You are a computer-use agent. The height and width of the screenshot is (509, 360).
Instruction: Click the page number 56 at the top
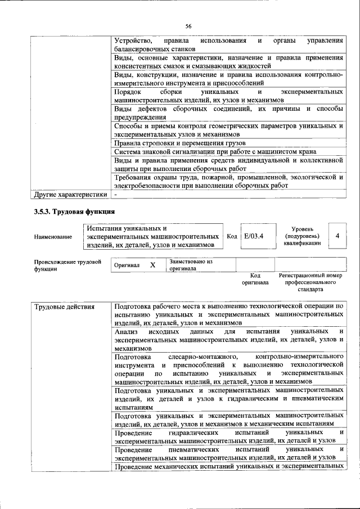pyautogui.click(x=188, y=26)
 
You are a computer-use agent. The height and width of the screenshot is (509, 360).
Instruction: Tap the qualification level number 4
pyautogui.click(x=337, y=236)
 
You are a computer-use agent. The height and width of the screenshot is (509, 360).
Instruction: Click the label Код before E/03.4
pyautogui.click(x=231, y=236)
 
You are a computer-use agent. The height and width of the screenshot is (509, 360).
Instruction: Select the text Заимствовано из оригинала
pyautogui.click(x=191, y=265)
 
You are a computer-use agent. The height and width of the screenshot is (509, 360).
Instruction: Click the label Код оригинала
pyautogui.click(x=255, y=279)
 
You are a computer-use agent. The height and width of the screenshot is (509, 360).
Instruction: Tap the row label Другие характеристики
pyautogui.click(x=70, y=195)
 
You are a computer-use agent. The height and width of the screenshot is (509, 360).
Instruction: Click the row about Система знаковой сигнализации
pyautogui.click(x=214, y=151)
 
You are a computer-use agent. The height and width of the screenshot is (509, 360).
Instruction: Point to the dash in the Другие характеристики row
pyautogui.click(x=115, y=195)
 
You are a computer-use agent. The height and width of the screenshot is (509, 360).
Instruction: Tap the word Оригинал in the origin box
pyautogui.click(x=127, y=265)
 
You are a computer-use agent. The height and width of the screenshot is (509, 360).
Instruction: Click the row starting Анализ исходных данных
pyautogui.click(x=228, y=340)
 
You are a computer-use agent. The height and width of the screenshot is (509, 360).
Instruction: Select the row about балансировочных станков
pyautogui.click(x=228, y=45)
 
